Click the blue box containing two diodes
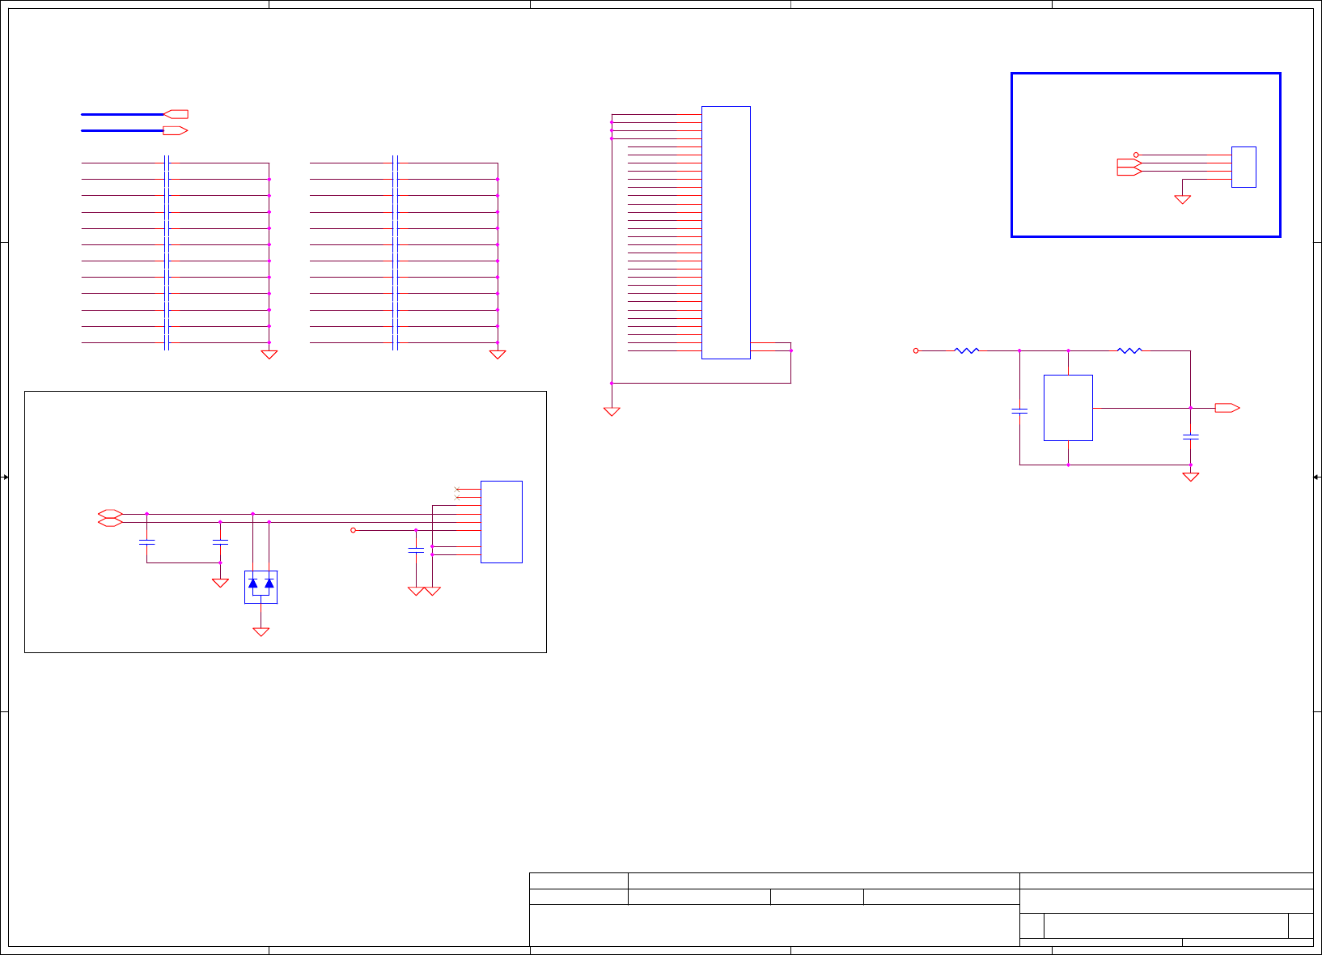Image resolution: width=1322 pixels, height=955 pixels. point(261,587)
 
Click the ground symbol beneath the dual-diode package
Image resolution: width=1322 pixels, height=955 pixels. point(261,632)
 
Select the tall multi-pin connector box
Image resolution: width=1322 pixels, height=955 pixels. point(726,232)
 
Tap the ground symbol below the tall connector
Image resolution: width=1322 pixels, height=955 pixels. point(612,412)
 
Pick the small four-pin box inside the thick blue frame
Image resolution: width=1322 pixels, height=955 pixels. point(1244,167)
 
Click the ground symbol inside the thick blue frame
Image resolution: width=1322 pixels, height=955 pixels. point(1182,199)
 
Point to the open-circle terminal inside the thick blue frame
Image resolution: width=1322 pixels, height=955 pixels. point(1136,155)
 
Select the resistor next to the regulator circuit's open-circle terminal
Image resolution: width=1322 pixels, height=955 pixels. point(967,350)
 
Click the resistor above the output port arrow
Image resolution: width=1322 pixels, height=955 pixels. point(1129,350)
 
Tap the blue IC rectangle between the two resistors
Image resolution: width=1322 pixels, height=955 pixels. point(1068,408)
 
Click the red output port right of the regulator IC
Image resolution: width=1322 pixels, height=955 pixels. point(1227,408)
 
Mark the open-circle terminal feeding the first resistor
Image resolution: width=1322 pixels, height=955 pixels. point(916,350)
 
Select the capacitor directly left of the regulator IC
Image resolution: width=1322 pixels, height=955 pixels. point(1019,411)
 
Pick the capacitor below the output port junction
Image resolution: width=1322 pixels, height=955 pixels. point(1190,437)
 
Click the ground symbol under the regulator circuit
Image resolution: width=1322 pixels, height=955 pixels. point(1190,477)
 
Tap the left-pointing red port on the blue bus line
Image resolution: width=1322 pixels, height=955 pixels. point(176,114)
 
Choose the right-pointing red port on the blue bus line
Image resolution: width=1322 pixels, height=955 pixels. point(176,130)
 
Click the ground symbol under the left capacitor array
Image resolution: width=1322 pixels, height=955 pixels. point(269,354)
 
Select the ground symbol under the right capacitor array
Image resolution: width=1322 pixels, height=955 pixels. point(498,354)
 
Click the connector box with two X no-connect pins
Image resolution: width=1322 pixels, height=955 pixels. point(501,522)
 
